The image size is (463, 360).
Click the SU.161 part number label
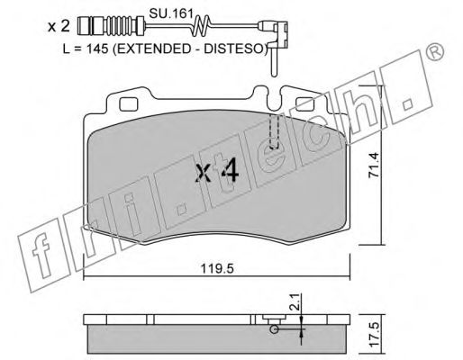170,13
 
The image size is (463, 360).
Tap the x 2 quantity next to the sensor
59,27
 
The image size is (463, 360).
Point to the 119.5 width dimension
217,269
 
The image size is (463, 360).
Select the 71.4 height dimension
375,166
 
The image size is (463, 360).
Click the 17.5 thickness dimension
375,336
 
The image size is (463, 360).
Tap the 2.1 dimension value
295,301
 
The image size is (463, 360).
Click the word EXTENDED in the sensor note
151,49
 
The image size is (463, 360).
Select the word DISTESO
234,49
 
